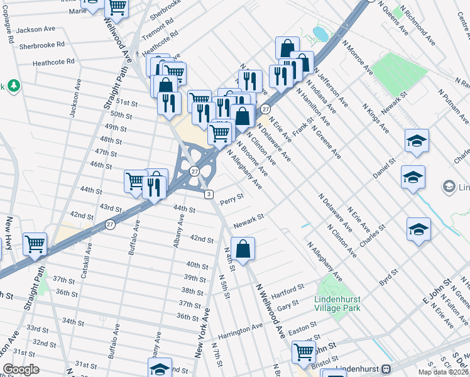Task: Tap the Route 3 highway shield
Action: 208,194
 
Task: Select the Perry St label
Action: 231,198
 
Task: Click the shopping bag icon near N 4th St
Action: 243,248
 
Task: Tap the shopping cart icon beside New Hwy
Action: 35,244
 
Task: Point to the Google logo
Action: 21,369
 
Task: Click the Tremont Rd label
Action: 158,28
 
